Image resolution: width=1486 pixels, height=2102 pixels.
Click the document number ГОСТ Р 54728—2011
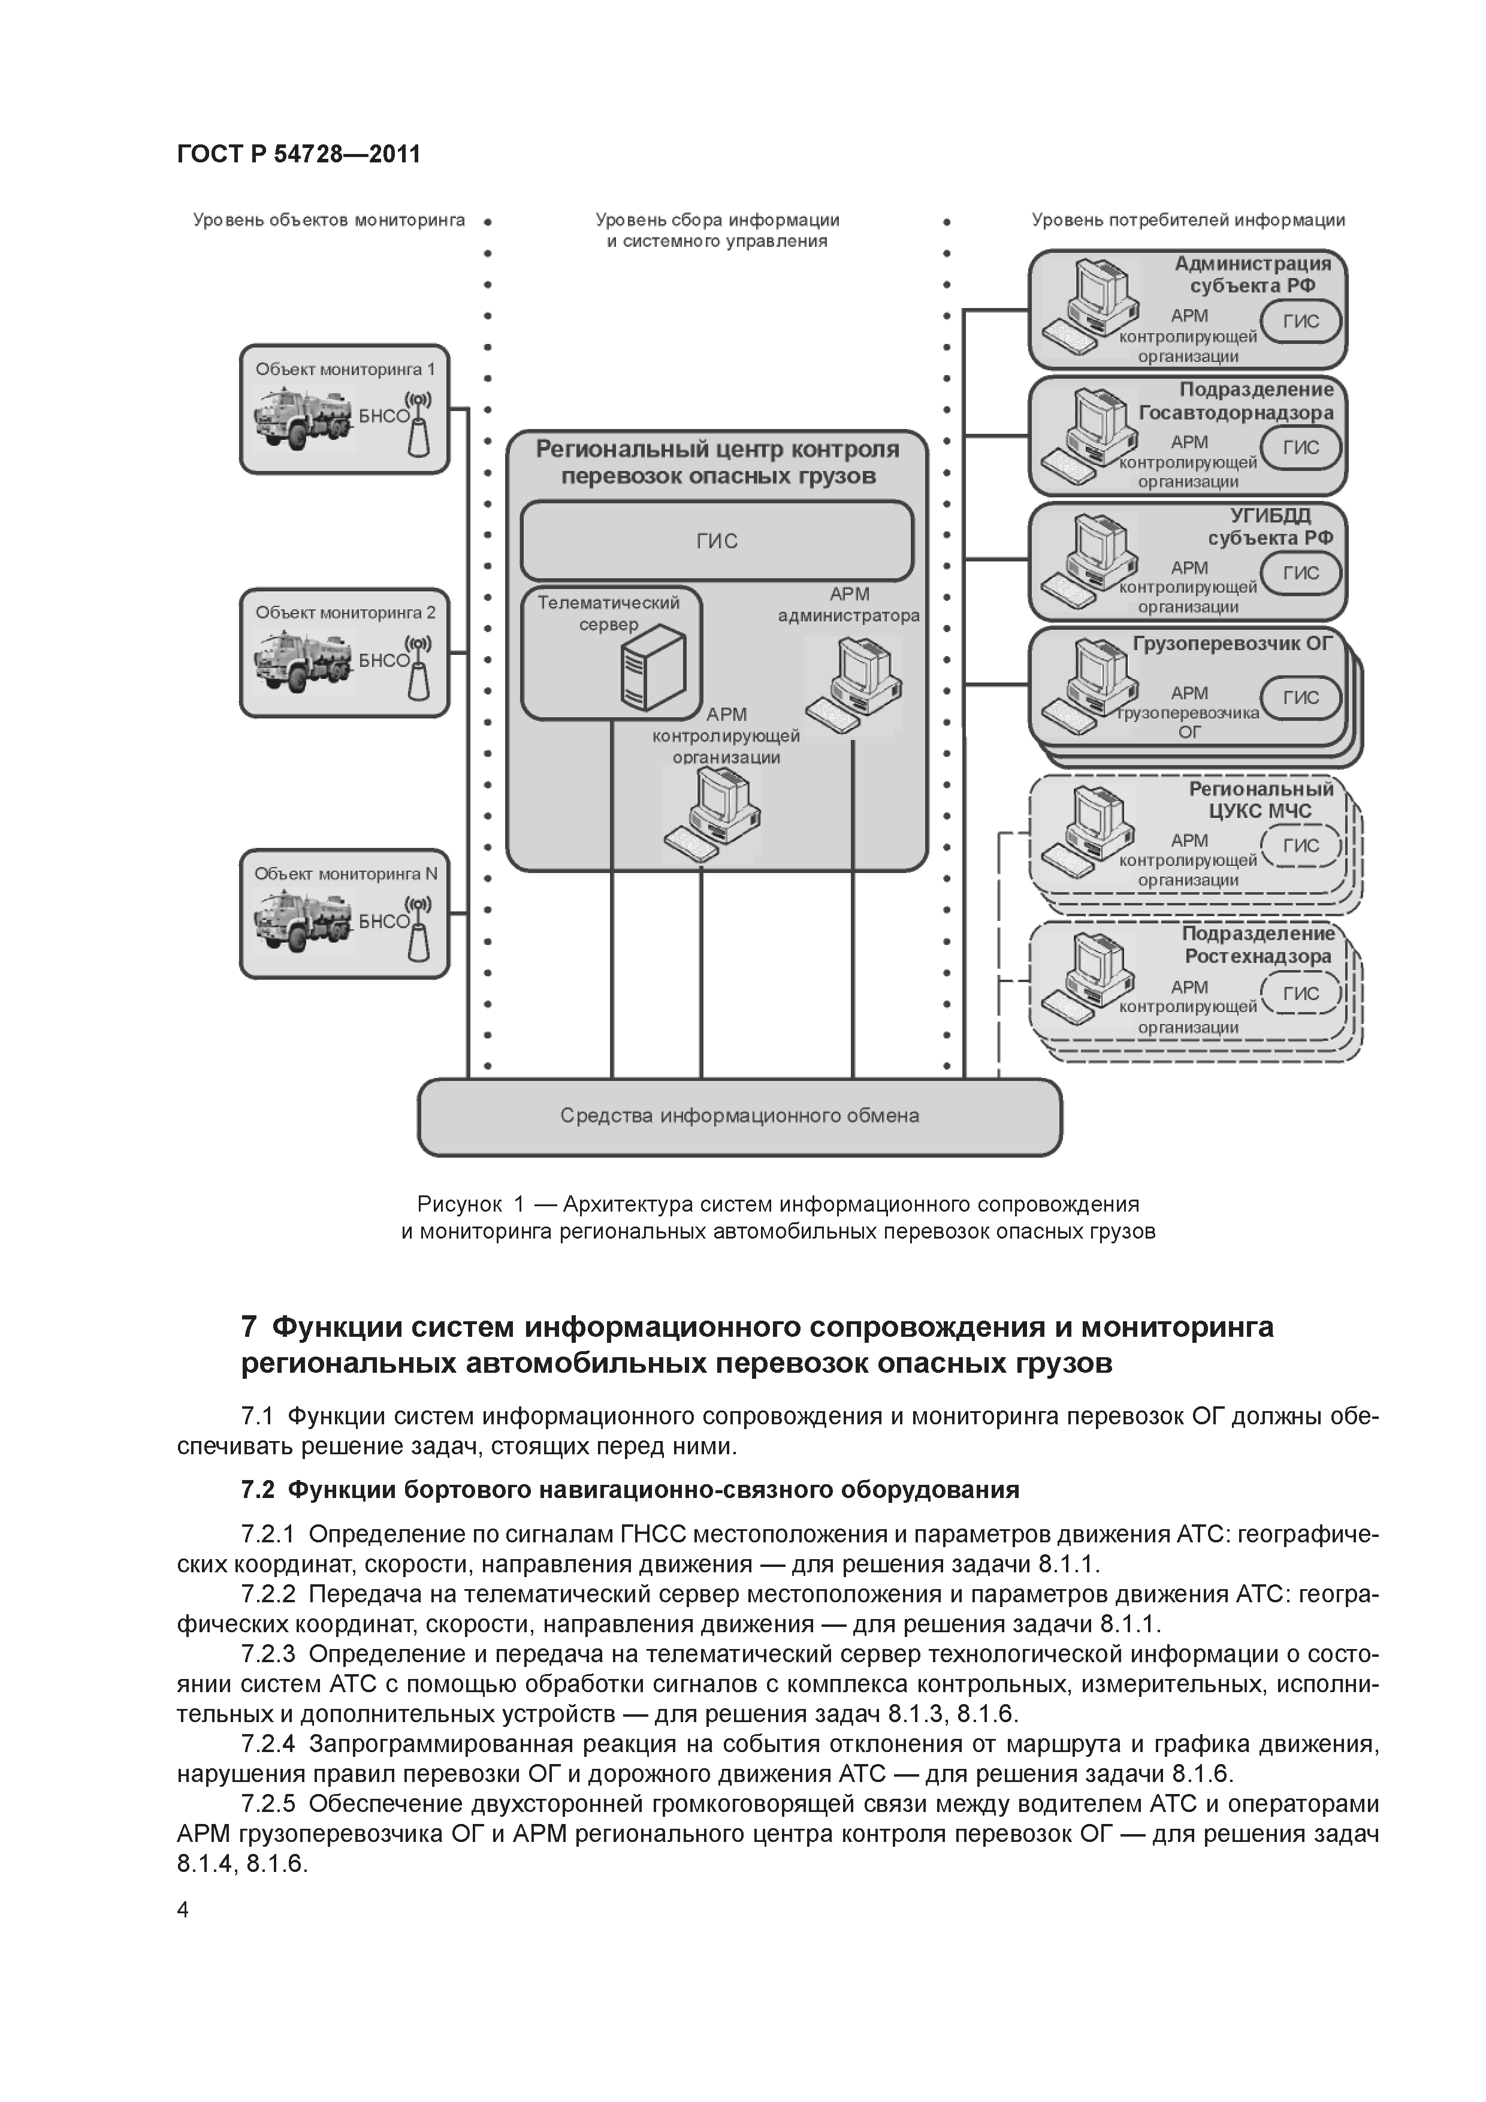(x=298, y=154)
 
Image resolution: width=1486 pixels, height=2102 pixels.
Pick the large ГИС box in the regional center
(x=717, y=541)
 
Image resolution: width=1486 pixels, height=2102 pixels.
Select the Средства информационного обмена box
(x=740, y=1116)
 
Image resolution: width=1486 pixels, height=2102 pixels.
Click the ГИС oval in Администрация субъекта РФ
(x=1301, y=321)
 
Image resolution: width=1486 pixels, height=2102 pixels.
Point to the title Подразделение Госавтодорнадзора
(x=1236, y=401)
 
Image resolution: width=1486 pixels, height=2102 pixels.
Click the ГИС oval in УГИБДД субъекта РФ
(x=1301, y=573)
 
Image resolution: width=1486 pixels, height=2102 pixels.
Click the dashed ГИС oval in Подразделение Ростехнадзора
(x=1301, y=993)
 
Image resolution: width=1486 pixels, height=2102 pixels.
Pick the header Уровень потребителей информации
(x=1188, y=220)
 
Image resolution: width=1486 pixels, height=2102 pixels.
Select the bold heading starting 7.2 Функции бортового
(x=630, y=1490)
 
